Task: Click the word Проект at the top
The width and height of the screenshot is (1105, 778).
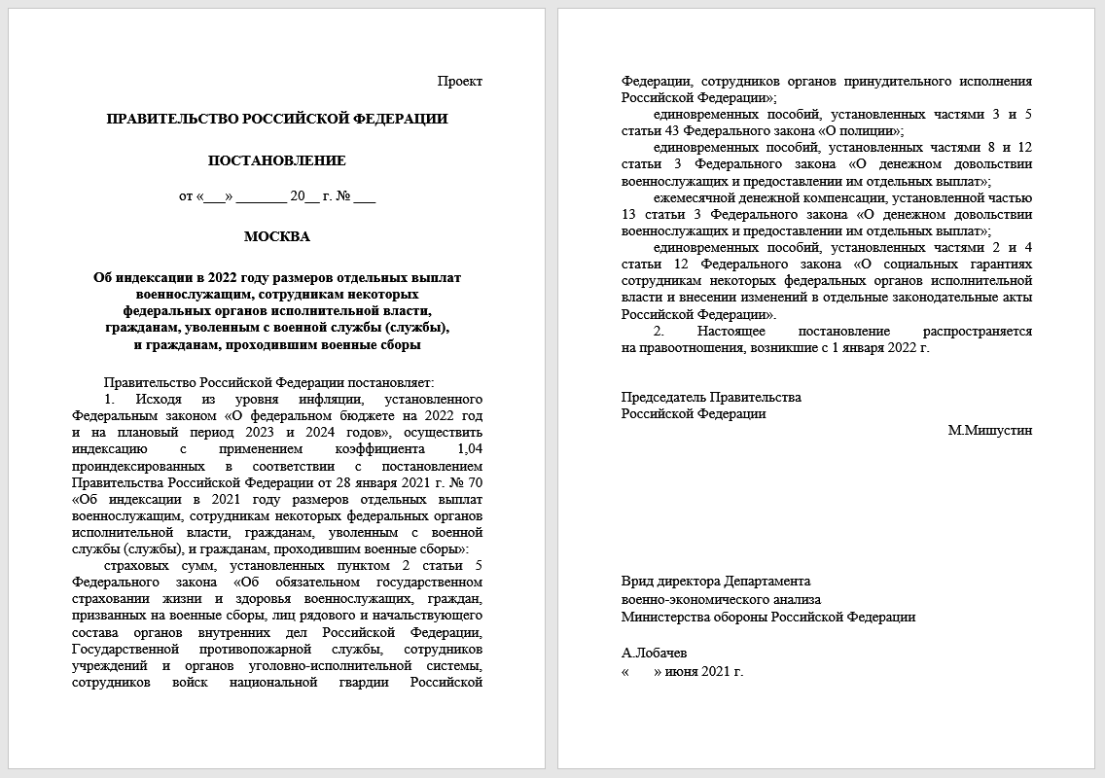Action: tap(459, 82)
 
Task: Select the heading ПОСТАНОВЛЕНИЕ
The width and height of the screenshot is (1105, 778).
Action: tap(277, 160)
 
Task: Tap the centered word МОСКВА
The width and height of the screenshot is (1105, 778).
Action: tap(277, 236)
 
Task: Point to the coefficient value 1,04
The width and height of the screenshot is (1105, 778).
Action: tap(469, 449)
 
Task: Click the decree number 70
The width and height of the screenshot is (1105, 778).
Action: tap(475, 482)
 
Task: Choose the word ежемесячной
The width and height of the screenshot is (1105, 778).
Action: tap(693, 197)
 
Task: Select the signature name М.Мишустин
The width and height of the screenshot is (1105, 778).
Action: tap(989, 430)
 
